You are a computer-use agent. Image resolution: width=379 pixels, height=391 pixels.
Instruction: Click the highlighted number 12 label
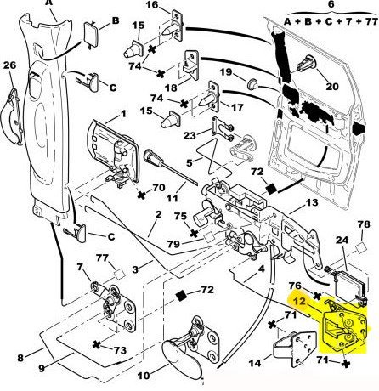pyautogui.click(x=299, y=302)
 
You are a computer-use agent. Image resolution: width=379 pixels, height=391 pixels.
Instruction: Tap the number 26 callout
pyautogui.click(x=9, y=65)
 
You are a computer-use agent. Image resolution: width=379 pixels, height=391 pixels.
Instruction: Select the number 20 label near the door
pyautogui.click(x=332, y=86)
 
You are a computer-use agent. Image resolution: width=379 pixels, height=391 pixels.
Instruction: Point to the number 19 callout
pyautogui.click(x=226, y=72)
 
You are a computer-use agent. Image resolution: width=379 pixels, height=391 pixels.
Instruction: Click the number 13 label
pyautogui.click(x=312, y=203)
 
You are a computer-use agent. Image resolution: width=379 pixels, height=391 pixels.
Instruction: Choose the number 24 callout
pyautogui.click(x=342, y=241)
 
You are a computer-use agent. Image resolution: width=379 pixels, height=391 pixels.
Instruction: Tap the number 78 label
pyautogui.click(x=364, y=224)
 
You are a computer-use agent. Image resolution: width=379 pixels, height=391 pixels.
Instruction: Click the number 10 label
pyautogui.click(x=144, y=376)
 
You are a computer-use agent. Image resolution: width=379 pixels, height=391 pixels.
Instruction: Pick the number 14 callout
pyautogui.click(x=255, y=363)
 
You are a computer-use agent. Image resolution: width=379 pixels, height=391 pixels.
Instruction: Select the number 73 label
pyautogui.click(x=120, y=350)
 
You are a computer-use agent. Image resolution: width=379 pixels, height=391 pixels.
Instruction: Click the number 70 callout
pyautogui.click(x=159, y=188)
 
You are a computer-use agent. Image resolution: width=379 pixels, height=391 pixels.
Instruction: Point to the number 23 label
pyautogui.click(x=189, y=136)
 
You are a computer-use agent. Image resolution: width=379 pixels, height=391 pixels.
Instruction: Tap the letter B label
pyautogui.click(x=116, y=20)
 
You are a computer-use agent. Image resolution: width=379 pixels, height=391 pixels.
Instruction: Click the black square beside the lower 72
pyautogui.click(x=181, y=296)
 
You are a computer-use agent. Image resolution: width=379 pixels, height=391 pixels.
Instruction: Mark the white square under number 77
pyautogui.click(x=119, y=275)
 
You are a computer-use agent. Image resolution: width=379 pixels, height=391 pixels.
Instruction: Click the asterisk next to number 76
pyautogui.click(x=317, y=297)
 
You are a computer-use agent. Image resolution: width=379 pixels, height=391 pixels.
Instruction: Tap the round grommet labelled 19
pyautogui.click(x=252, y=84)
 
